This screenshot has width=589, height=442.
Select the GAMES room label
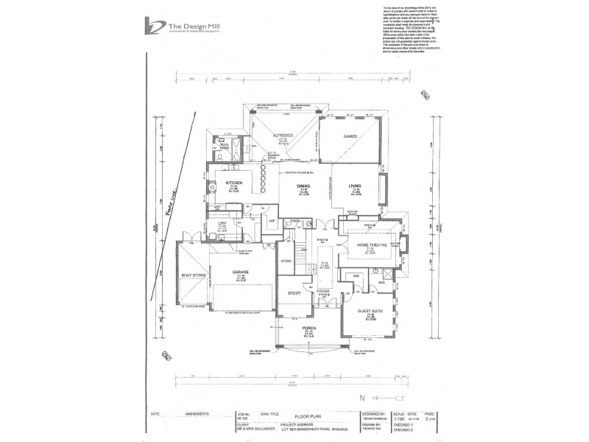(350, 136)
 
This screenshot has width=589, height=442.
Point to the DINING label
(303, 186)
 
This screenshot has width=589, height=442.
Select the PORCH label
(316, 331)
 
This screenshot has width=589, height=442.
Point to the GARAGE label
(241, 271)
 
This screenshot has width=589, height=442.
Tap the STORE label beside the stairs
(287, 260)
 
